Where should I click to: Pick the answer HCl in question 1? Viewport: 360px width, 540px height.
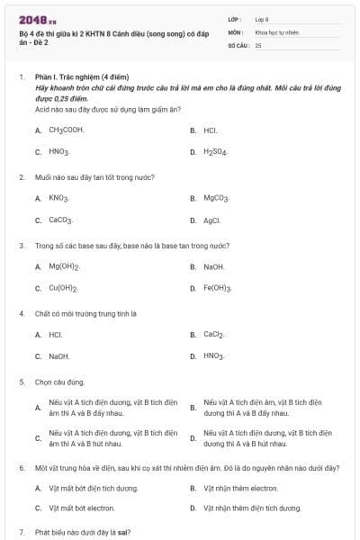coord(210,130)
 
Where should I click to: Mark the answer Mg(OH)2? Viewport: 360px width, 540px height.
coord(64,266)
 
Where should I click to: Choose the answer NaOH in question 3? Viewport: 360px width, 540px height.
coord(213,266)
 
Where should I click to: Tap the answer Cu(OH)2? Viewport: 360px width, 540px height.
coord(63,288)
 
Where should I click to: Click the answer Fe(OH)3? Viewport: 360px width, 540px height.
coord(218,288)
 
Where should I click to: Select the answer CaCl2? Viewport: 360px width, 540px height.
coord(213,334)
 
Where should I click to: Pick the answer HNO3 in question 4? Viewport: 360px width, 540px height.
coord(213,356)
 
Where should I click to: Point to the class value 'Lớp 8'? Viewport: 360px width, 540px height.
coord(262,18)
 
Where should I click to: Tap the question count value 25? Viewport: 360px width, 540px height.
coord(258,44)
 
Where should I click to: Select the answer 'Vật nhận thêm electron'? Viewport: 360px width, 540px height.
coord(240,488)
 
